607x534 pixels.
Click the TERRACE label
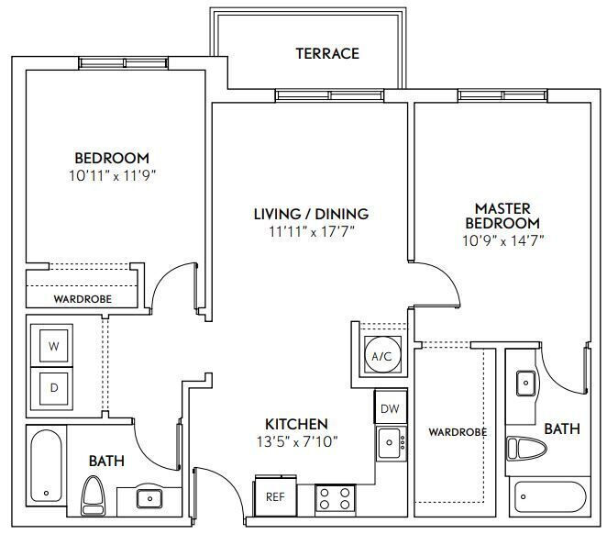(327, 53)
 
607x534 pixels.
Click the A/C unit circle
(381, 355)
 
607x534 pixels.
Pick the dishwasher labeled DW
(391, 407)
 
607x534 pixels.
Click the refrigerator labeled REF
(276, 496)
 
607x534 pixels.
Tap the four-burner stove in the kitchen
(336, 499)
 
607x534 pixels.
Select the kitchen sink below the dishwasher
(392, 443)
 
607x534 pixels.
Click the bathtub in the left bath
(46, 466)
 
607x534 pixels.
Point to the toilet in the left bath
(94, 495)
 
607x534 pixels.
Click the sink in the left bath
(149, 498)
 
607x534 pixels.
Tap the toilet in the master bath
(526, 449)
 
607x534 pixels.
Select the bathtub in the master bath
(550, 496)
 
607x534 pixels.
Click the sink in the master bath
(526, 383)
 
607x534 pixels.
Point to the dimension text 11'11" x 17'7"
(312, 231)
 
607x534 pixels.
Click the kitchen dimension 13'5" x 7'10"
(297, 441)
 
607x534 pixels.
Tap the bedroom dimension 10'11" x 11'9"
(112, 176)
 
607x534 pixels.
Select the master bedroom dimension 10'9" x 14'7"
(503, 240)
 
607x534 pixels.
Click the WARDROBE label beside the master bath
(458, 432)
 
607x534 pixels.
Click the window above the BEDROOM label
(124, 63)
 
